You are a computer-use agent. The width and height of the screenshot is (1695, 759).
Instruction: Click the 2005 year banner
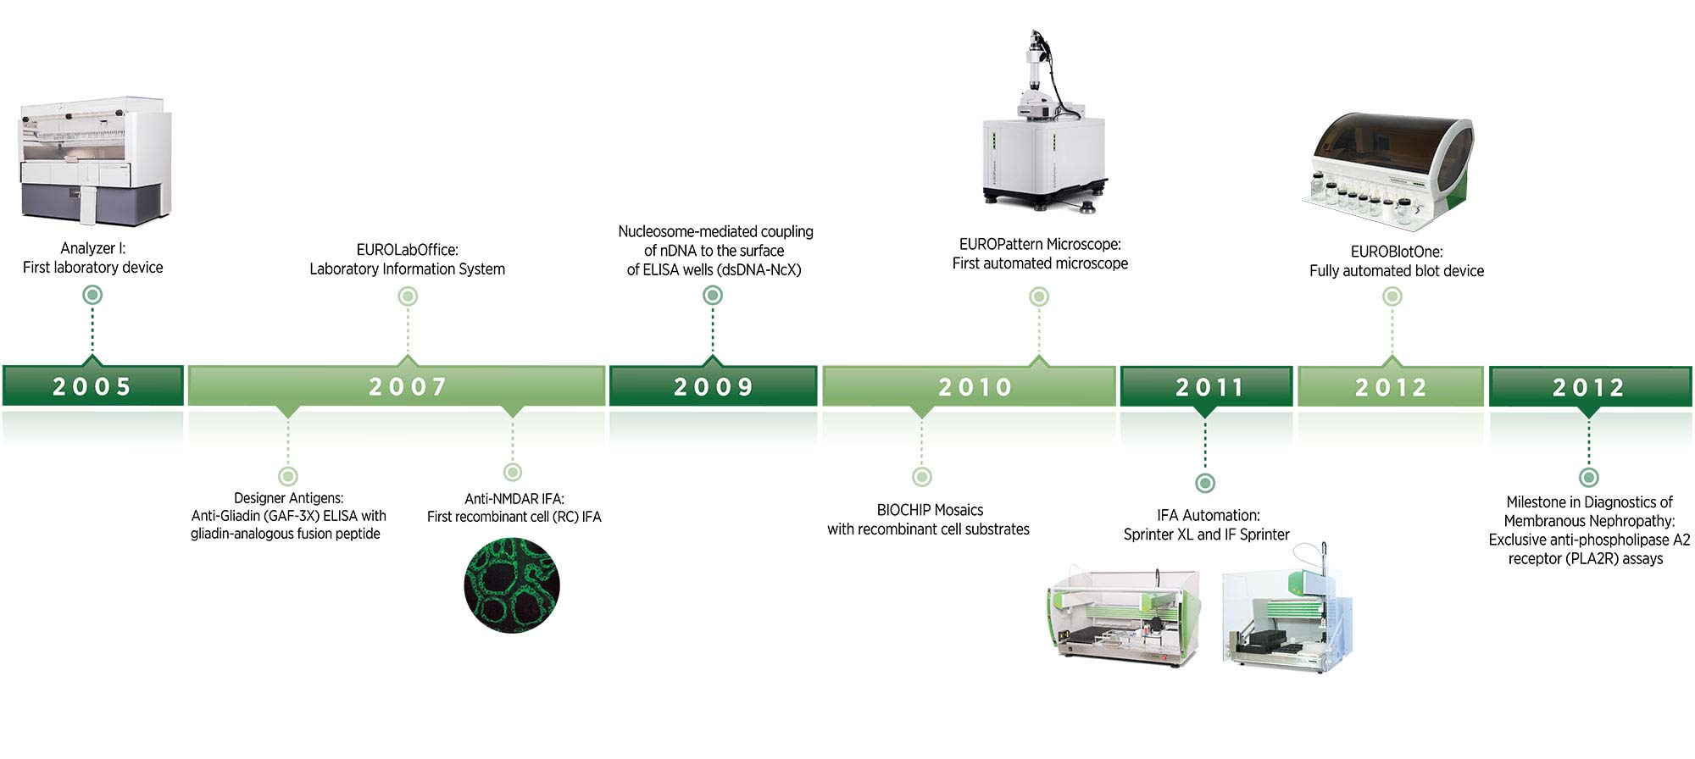tap(92, 385)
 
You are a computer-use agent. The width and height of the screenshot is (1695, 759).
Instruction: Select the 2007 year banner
tap(397, 386)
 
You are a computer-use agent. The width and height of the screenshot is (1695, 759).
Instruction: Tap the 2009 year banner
tap(713, 386)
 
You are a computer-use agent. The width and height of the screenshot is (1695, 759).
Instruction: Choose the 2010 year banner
tap(969, 386)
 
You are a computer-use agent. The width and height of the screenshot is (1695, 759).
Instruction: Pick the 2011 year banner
tap(1206, 386)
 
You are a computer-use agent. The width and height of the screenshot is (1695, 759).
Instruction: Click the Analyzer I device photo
tap(95, 161)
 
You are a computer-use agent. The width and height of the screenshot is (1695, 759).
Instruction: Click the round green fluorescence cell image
tap(512, 585)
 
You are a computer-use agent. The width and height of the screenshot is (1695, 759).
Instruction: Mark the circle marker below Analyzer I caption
tap(92, 295)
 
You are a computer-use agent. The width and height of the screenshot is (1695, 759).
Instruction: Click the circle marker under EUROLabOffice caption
tap(408, 296)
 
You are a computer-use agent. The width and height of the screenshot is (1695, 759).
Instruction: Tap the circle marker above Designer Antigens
tap(288, 476)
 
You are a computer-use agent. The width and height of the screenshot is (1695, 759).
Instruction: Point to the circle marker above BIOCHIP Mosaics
tap(922, 477)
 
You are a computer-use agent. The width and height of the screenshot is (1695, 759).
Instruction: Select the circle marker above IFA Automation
tap(1205, 483)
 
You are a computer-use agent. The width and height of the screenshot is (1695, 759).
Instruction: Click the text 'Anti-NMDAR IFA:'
tap(514, 499)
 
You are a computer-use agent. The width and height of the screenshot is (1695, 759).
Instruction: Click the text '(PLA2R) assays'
tap(1586, 558)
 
